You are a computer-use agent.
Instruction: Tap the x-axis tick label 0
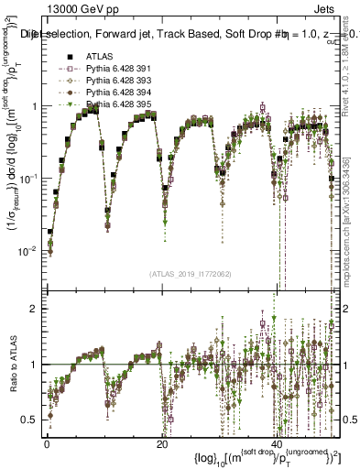coord(47,442)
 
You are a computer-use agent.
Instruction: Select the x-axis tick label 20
coord(162,442)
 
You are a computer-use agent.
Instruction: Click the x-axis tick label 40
coord(278,442)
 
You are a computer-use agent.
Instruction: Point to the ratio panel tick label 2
coord(34,309)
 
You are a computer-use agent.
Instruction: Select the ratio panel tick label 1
coord(34,365)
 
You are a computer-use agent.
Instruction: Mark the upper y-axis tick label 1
coord(34,106)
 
